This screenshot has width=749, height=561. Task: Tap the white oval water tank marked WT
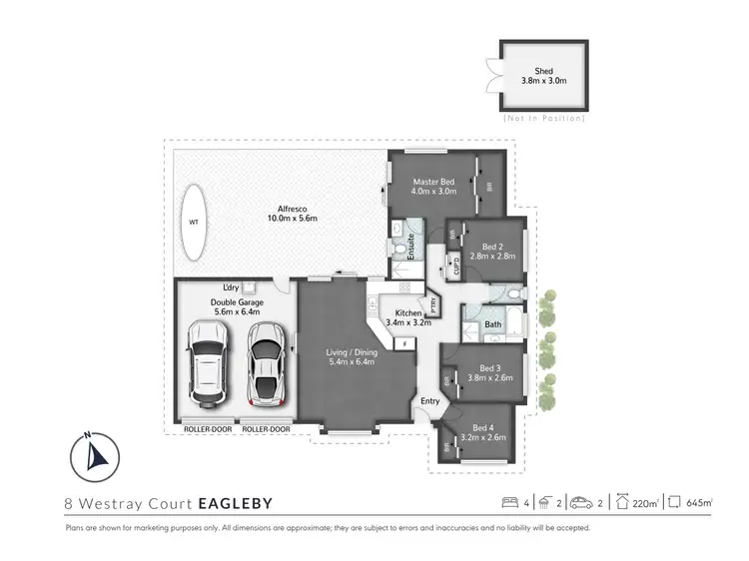point(195,222)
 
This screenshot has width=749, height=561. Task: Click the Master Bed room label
point(434,186)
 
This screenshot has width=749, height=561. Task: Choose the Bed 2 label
point(490,251)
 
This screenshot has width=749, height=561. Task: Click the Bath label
point(492,324)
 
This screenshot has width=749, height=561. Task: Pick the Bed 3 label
point(488,371)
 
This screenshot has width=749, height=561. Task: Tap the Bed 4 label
point(481,430)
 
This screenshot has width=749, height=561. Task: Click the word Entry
point(429,401)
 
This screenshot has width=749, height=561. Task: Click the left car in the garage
point(209,363)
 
